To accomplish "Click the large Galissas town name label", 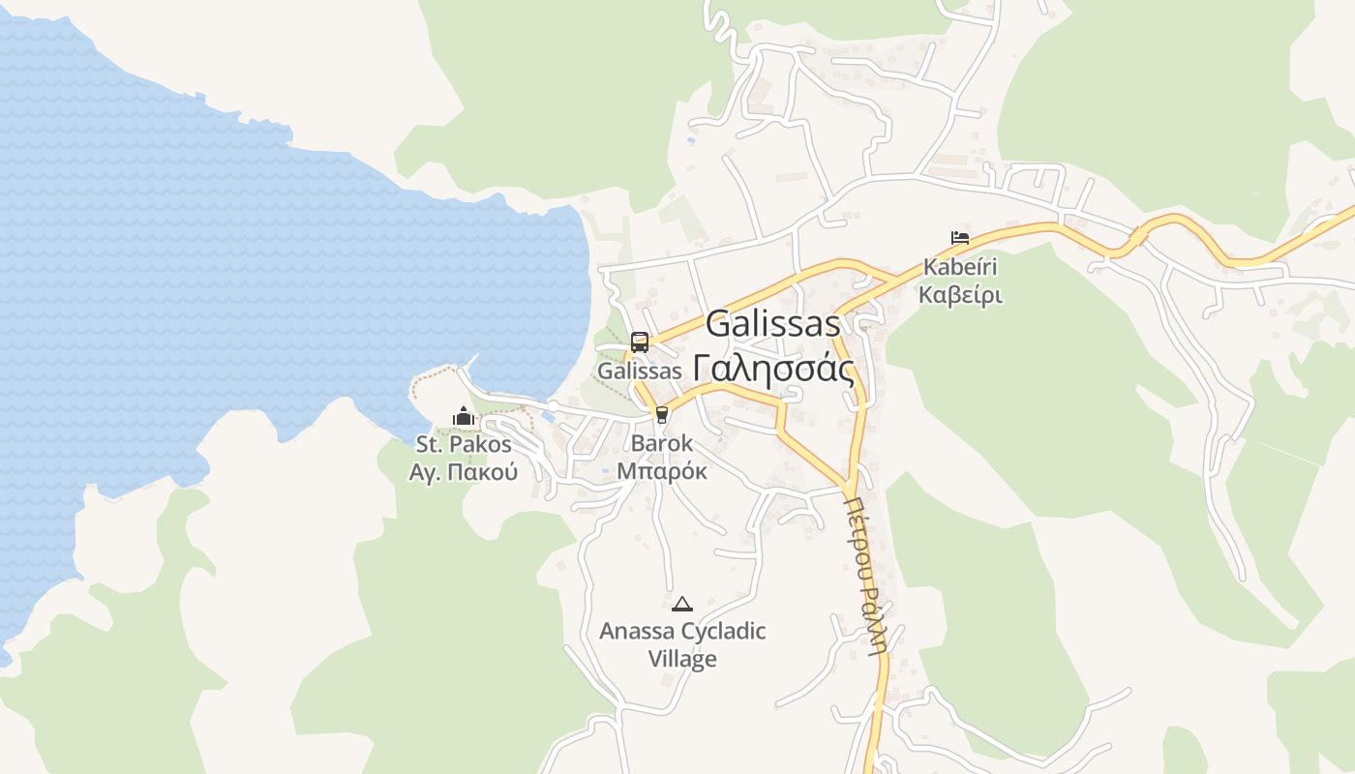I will point(773,324).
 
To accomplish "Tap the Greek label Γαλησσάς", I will point(773,369).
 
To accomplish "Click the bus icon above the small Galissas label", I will point(640,342).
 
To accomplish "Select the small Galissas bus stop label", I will point(640,371).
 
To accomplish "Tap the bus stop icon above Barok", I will point(662,415).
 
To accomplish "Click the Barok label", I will point(662,444).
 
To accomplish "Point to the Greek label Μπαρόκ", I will point(662,471).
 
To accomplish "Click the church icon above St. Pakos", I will point(464,417).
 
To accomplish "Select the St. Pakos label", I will point(464,445).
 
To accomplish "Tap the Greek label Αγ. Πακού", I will point(464,472).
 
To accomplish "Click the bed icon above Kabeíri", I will point(960,237).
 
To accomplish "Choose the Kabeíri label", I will point(960,266).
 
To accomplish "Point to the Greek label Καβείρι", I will point(960,294).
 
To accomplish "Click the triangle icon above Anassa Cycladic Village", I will point(682,604).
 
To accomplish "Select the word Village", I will point(682,659).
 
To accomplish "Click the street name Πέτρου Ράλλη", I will point(866,577).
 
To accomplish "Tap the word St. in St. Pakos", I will point(430,445).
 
